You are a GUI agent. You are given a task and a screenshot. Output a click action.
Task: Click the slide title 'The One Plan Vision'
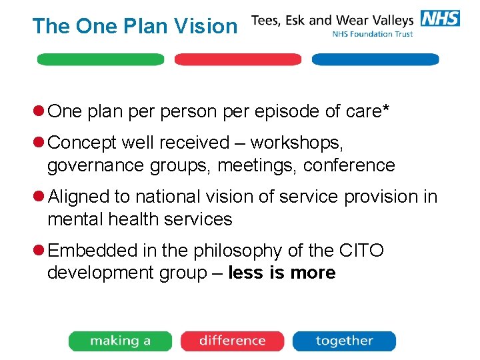(x=134, y=26)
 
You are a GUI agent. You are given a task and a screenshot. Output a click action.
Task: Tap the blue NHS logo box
(x=440, y=19)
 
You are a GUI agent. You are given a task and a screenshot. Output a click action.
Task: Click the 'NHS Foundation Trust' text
(x=373, y=34)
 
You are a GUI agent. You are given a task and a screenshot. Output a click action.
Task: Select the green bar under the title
(x=101, y=59)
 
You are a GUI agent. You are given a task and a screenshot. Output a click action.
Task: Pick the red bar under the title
(x=238, y=59)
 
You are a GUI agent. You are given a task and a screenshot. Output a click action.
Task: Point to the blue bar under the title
(x=375, y=59)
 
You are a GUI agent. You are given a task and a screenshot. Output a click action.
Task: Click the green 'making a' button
(x=120, y=341)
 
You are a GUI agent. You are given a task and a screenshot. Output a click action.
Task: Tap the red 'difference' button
(x=232, y=341)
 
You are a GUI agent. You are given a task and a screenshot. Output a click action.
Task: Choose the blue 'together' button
(x=344, y=341)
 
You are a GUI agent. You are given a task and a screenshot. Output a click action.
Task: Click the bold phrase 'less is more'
(x=281, y=273)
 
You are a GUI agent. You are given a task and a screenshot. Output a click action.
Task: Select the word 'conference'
(x=349, y=165)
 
